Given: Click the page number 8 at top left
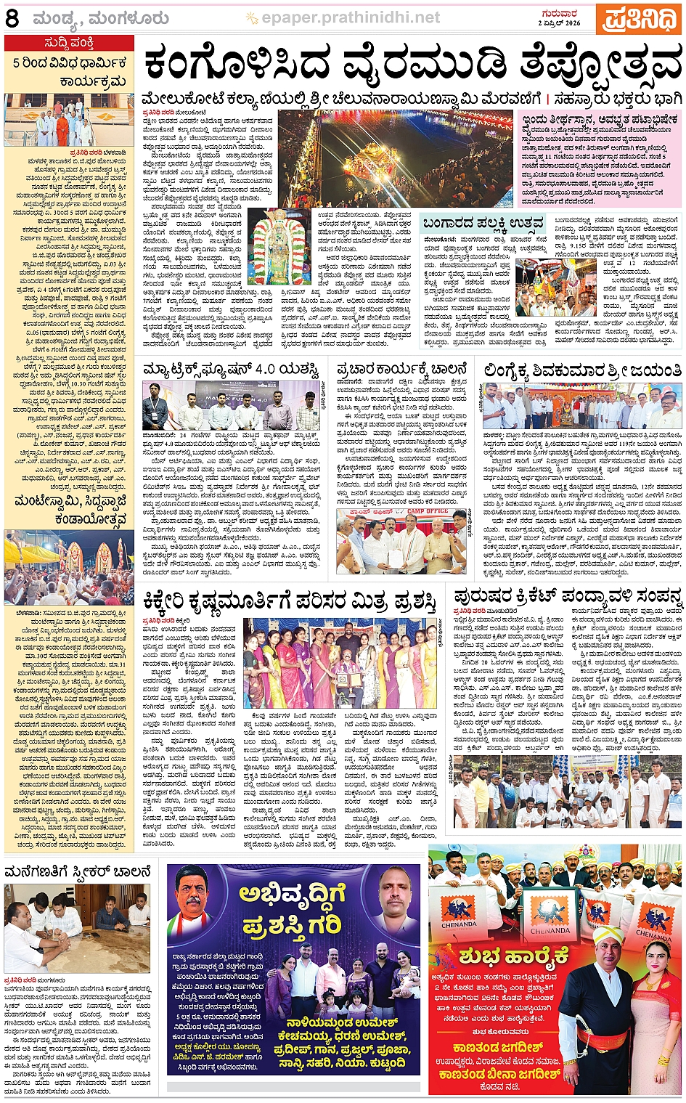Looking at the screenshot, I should point(12,18).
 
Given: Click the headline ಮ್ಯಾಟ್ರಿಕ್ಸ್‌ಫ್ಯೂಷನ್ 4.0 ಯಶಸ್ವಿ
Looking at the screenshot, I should point(232,371).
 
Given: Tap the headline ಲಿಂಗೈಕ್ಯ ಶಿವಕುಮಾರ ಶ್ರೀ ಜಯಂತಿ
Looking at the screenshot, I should point(581,371).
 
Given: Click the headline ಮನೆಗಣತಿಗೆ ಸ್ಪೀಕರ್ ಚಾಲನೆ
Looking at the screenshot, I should point(78,871).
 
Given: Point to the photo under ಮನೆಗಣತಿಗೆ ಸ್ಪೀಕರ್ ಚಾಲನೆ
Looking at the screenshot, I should point(77,928).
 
